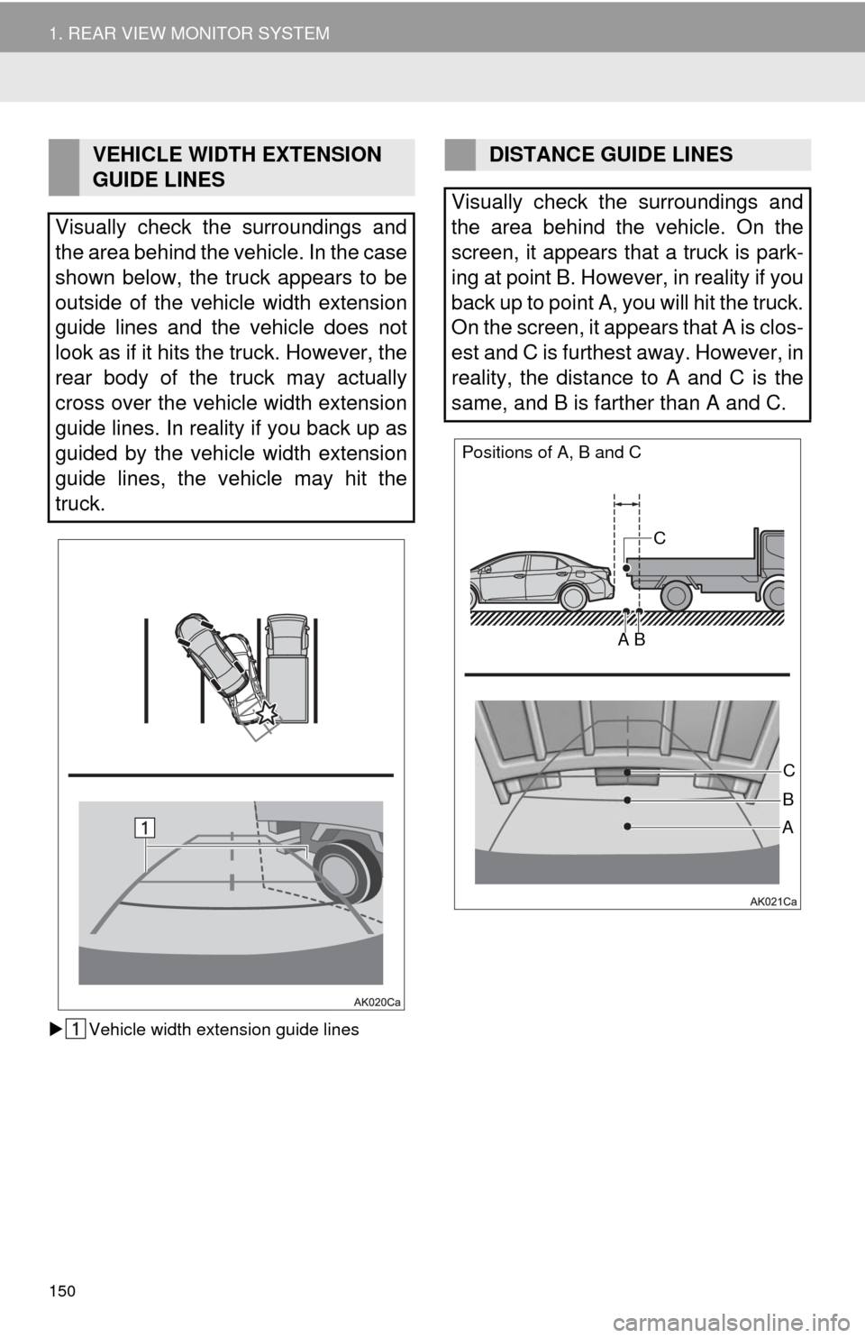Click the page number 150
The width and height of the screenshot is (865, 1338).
(63, 1291)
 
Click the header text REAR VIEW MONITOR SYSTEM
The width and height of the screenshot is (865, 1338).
(199, 33)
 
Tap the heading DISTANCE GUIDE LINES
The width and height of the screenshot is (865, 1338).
(611, 155)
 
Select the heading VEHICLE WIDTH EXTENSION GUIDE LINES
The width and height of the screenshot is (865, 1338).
(237, 167)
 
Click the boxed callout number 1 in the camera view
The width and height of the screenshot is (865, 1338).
(144, 828)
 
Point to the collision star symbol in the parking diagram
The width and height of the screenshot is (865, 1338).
(267, 712)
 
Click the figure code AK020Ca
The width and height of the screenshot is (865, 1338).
(377, 1003)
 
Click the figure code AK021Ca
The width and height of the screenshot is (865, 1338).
(773, 902)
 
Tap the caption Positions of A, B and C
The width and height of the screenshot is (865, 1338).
(551, 453)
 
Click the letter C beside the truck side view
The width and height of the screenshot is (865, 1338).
(659, 538)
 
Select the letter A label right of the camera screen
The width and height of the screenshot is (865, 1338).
(788, 828)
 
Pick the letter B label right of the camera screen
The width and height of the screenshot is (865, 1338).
(788, 799)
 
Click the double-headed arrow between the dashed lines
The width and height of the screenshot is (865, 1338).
(626, 505)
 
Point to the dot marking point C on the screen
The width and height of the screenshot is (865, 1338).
(627, 773)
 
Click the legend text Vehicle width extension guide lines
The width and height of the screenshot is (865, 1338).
(223, 1029)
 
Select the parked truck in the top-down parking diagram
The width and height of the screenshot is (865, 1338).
(287, 668)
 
